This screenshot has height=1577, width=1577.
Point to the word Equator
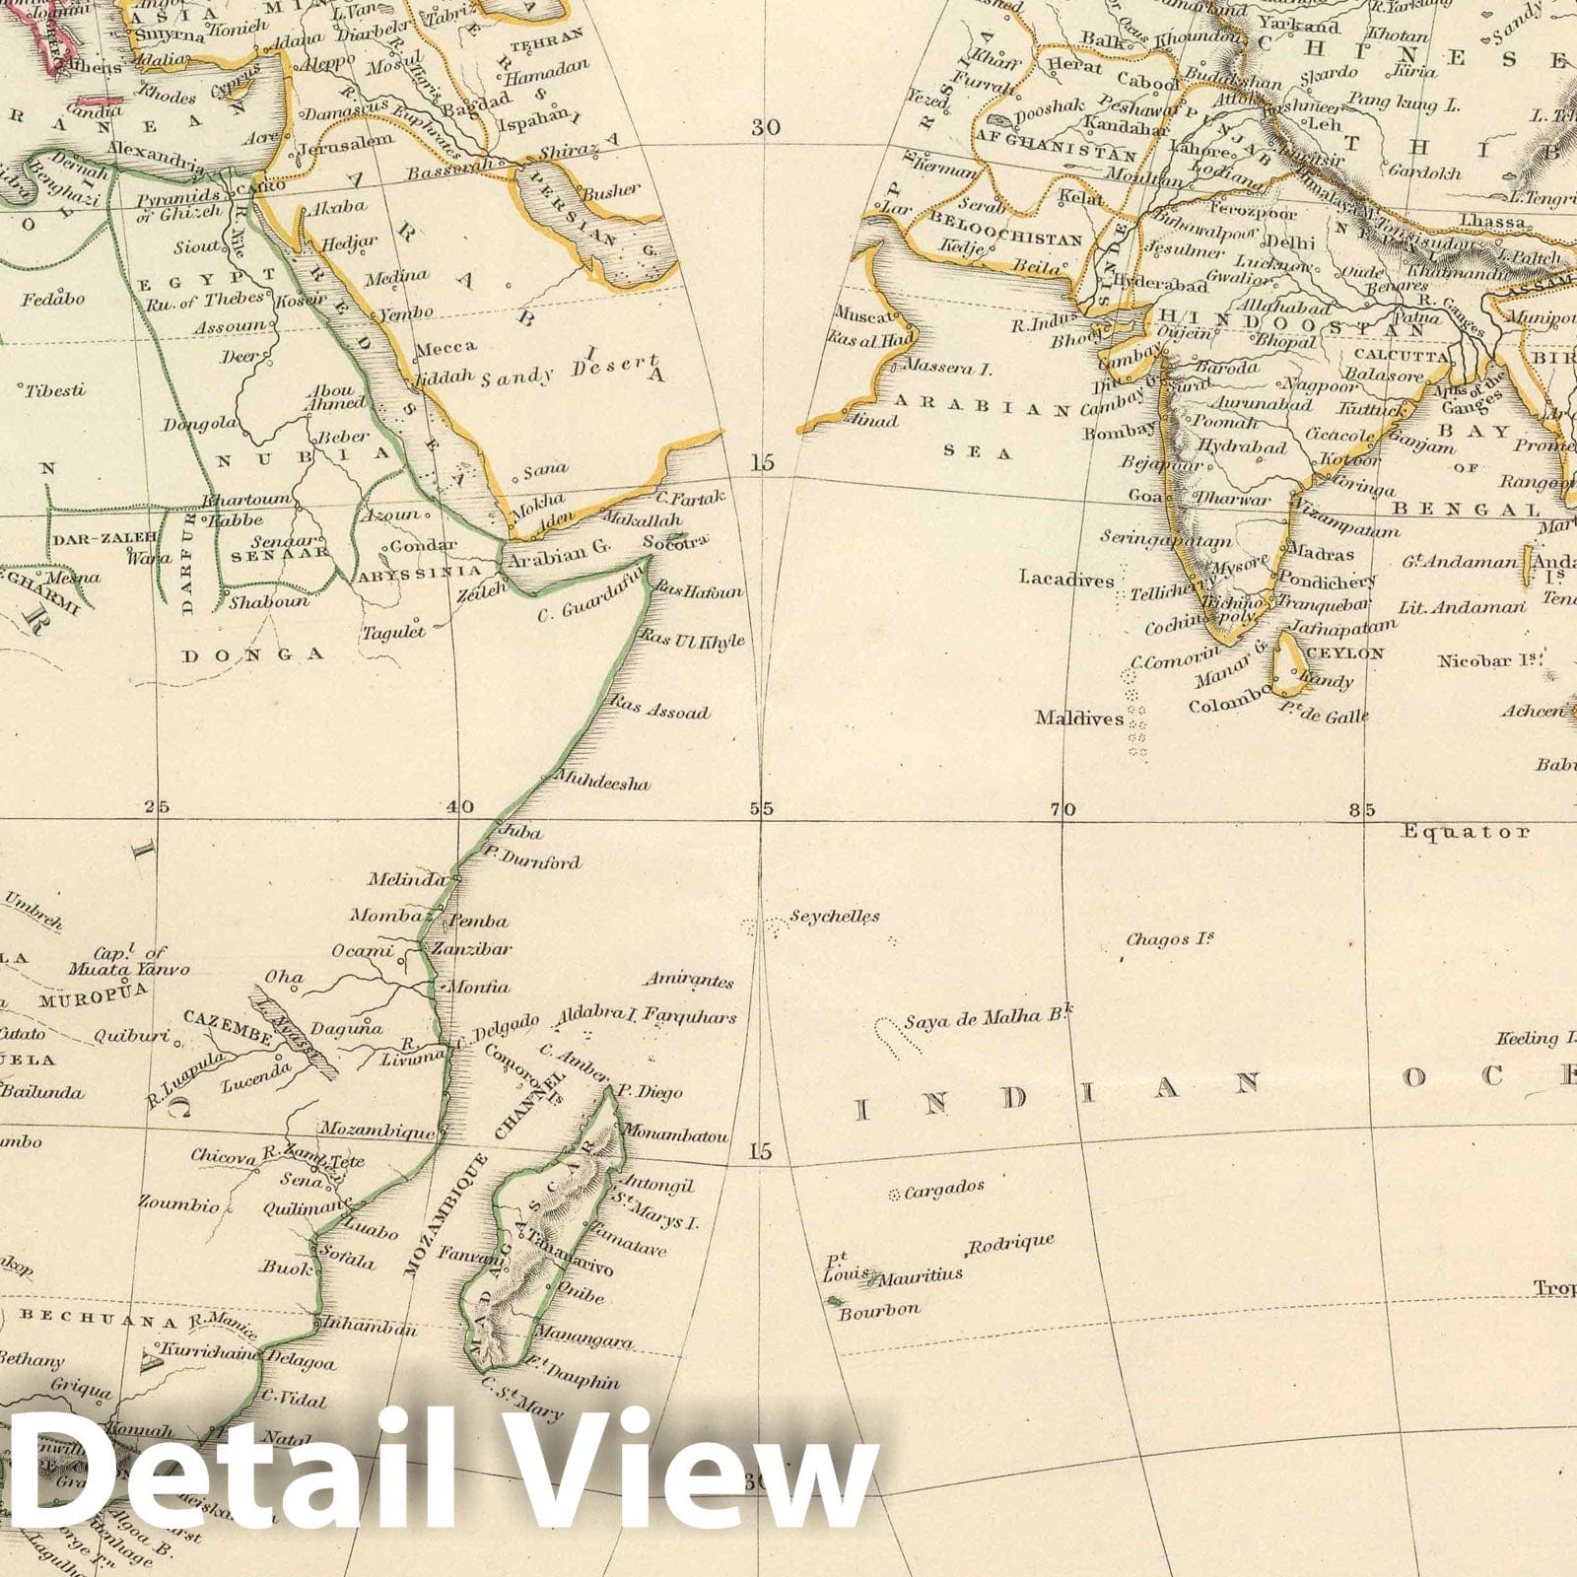1468,832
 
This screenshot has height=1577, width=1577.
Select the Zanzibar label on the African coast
480,949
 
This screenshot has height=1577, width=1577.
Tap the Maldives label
1078,719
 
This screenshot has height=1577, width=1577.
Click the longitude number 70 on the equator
1061,810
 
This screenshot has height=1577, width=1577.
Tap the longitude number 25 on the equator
156,807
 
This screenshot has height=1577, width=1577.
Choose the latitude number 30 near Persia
764,127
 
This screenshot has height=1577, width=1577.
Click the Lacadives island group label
1066,580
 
